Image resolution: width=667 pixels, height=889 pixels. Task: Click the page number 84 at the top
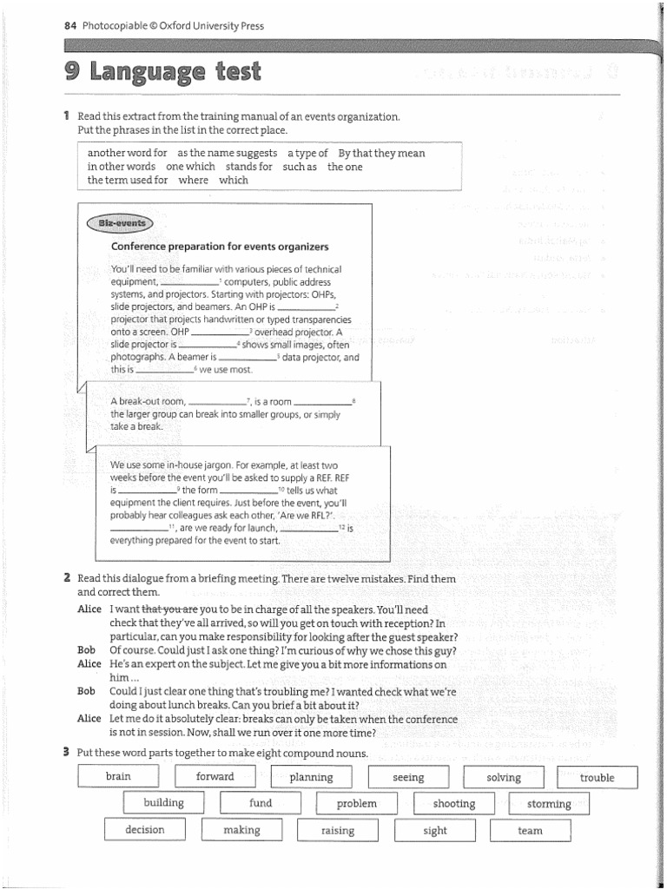(69, 26)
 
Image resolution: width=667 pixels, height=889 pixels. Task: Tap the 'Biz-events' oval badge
(121, 223)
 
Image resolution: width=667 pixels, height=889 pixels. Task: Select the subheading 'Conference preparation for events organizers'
(220, 247)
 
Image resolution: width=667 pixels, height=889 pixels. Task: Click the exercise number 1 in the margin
(66, 115)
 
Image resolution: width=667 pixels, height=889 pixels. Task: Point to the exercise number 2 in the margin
(67, 577)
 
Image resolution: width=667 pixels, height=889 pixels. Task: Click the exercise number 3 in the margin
(66, 752)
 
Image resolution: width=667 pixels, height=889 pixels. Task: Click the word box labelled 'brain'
(118, 777)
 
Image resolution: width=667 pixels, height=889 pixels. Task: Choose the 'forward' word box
(215, 777)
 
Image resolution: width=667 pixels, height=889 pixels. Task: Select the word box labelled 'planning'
(311, 778)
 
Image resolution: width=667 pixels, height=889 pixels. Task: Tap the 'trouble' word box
(597, 778)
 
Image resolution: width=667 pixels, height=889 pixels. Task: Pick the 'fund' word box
(261, 803)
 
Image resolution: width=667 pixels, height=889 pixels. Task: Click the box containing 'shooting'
(453, 804)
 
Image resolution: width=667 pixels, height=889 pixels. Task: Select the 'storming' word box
(549, 804)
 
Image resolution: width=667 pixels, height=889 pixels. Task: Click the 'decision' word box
(144, 830)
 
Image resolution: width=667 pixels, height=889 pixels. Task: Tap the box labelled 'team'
(530, 831)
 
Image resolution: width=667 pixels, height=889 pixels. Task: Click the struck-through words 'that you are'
(169, 609)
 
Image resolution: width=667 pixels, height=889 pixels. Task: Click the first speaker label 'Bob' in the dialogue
(86, 649)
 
